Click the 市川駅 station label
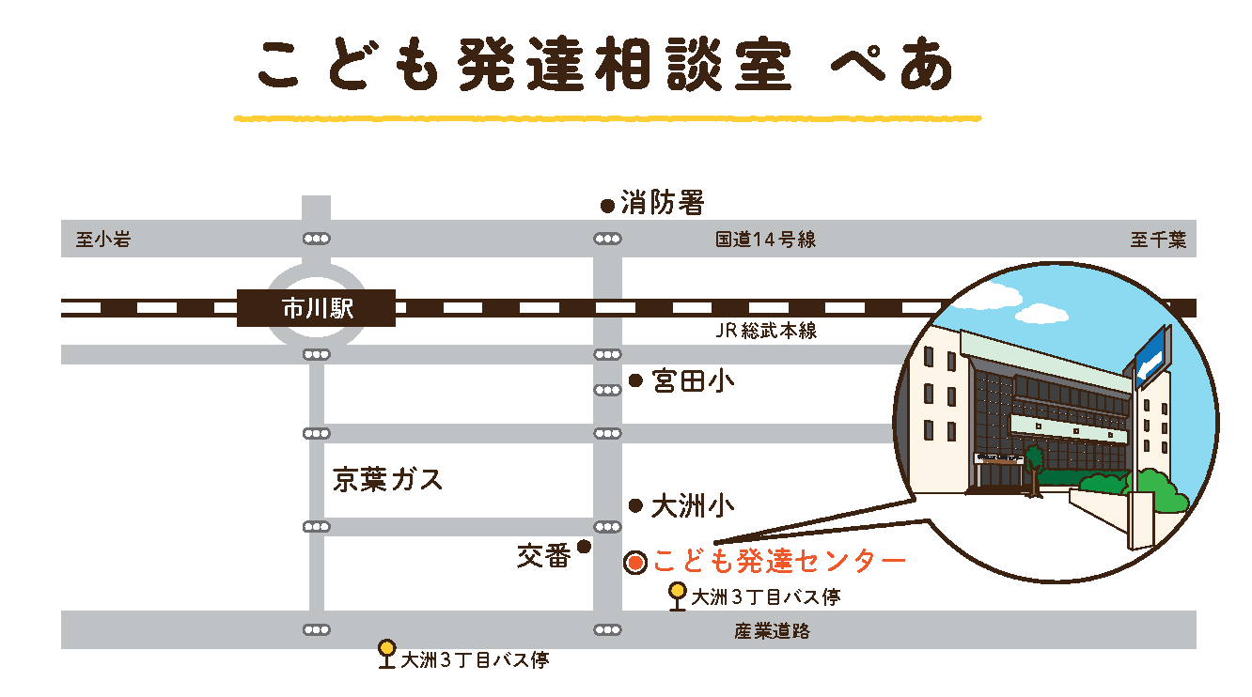coord(317,308)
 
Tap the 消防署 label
coord(662,202)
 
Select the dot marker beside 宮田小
coord(635,381)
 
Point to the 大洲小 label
coord(693,507)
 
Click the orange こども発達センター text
coord(779,562)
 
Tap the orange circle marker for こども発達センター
coord(635,563)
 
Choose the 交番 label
coord(543,556)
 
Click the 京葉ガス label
coord(387,480)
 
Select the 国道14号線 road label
coord(765,240)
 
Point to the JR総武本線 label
coord(764,331)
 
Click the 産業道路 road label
coord(772,631)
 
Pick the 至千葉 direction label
coord(1157,240)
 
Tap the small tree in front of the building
coord(1035,465)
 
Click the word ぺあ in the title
coord(892,68)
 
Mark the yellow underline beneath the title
coord(606,119)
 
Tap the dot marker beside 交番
coord(584,546)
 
